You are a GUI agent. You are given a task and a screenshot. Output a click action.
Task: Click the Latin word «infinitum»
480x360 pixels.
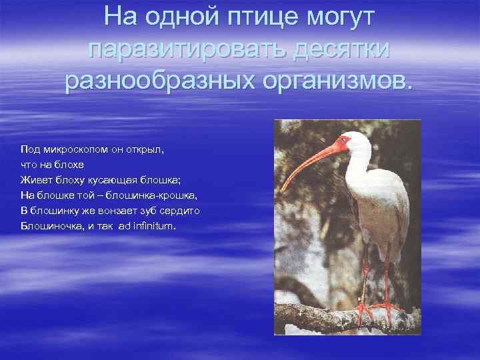pyautogui.click(x=154, y=227)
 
